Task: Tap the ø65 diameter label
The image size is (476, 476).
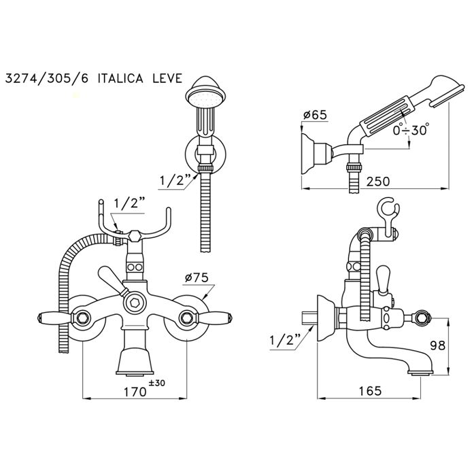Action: tap(315, 115)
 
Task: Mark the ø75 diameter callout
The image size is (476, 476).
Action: tap(195, 277)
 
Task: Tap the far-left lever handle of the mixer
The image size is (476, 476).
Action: tap(52, 317)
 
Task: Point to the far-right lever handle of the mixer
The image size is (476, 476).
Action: tap(218, 317)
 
